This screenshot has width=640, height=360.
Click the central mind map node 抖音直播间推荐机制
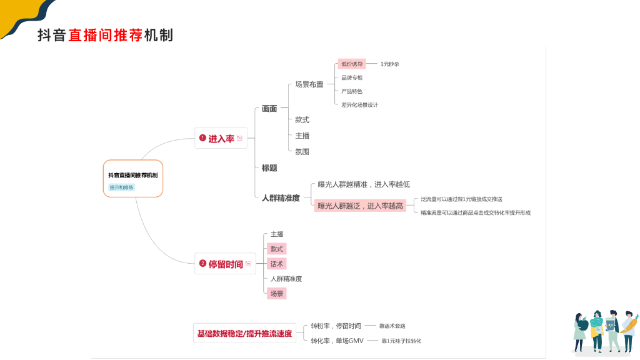coord(132,175)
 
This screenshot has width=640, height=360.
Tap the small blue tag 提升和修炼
coord(122,187)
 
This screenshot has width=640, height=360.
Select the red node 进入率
coord(221,138)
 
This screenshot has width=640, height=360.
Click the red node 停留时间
coord(226,264)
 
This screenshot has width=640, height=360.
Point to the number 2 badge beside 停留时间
coord(202,264)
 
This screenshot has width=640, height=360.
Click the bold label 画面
coord(269,109)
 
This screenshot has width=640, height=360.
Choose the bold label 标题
coord(269,168)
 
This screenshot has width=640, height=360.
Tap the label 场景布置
coord(309,84)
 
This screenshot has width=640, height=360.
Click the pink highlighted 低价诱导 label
coord(352,64)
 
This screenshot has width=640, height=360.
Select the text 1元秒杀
coord(389,64)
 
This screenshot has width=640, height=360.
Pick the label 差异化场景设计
coord(359,105)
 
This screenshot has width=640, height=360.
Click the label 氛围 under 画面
coord(302,152)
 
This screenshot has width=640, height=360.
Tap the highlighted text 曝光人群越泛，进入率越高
coord(360,206)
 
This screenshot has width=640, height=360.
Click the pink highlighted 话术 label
coord(276,264)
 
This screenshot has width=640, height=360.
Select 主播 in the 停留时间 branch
coord(277,234)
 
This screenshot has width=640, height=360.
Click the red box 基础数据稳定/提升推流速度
coord(244,334)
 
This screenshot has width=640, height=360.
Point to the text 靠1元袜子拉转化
coord(401,341)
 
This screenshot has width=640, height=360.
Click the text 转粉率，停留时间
coord(336,326)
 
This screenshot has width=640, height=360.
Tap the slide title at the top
coord(105,36)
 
